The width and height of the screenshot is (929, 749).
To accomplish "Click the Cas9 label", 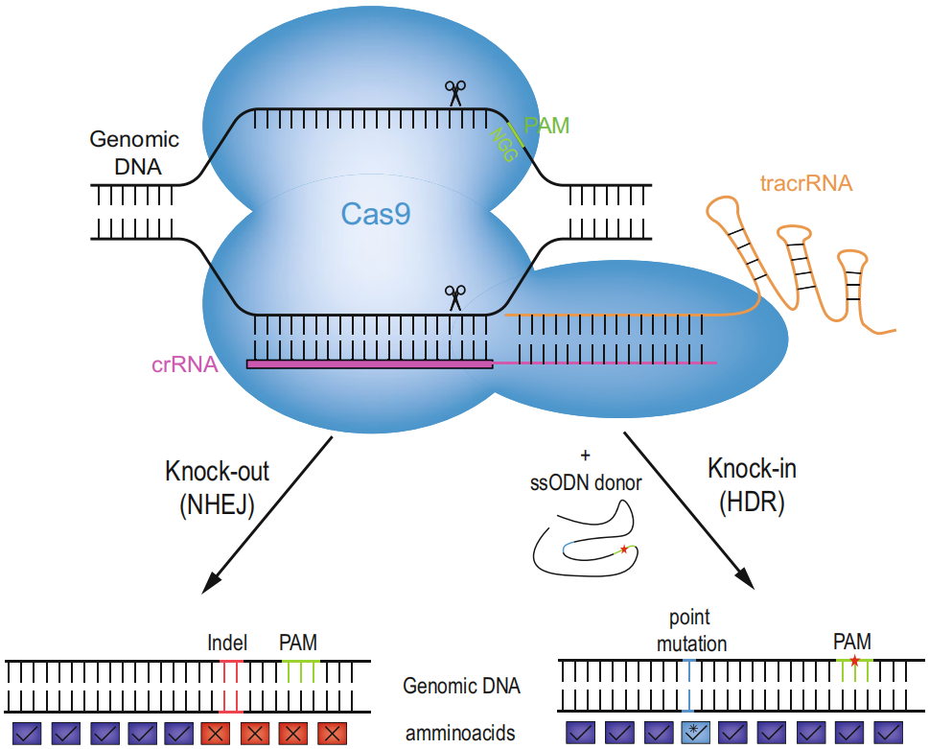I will point(375,213).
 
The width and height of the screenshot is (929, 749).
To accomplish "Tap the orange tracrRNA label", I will point(806,183).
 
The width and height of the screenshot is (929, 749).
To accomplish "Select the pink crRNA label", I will point(185,364).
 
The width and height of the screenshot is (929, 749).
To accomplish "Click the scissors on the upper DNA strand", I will point(454,93).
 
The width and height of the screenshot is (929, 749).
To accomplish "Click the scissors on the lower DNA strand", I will point(454,297).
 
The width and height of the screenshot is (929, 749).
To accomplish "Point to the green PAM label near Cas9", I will point(546,125).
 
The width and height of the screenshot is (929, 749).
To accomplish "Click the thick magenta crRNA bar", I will point(370,364).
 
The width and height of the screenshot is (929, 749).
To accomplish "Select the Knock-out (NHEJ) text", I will point(217,487).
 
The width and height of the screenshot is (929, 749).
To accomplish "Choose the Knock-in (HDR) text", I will point(752,484).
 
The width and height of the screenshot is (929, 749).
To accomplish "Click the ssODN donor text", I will point(586,483).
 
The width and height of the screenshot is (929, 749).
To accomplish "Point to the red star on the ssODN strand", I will point(624,550).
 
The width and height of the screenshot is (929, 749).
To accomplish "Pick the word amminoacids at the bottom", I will point(459,734).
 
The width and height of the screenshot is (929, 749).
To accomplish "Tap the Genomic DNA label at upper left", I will point(134,152).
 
